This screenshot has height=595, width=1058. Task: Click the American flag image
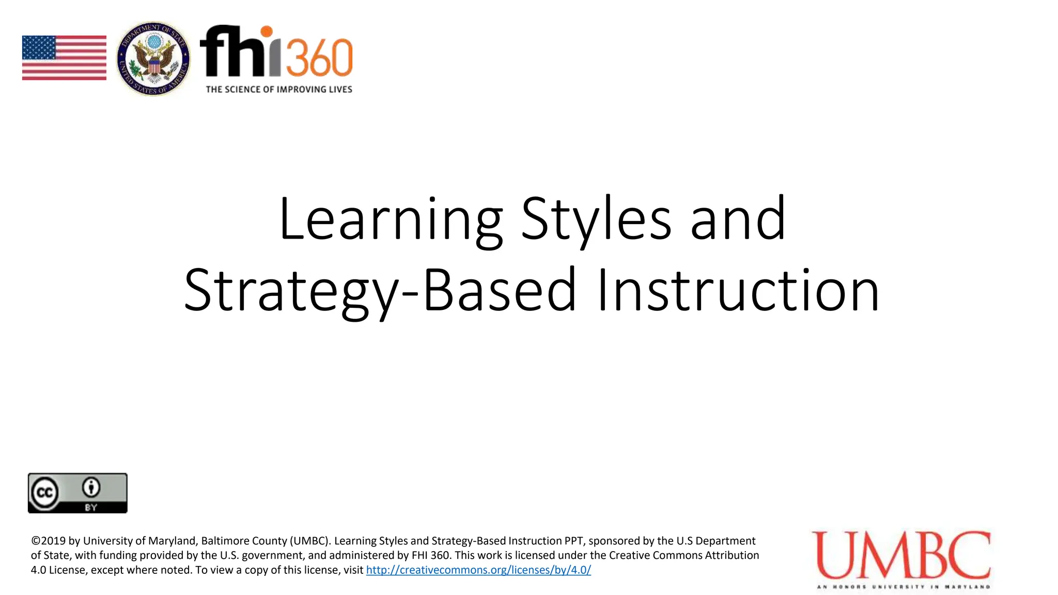pyautogui.click(x=64, y=58)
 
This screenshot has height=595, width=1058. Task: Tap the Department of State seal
pyautogui.click(x=153, y=59)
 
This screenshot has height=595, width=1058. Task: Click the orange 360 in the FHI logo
pyautogui.click(x=319, y=58)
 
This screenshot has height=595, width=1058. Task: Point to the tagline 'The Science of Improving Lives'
pyautogui.click(x=279, y=89)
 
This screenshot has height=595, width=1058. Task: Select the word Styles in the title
pyautogui.click(x=597, y=219)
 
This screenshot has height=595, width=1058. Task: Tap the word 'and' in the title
pyautogui.click(x=738, y=219)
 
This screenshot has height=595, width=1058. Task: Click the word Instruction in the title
pyautogui.click(x=738, y=290)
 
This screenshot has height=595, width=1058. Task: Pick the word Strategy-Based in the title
pyautogui.click(x=380, y=290)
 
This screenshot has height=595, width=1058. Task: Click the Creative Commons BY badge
pyautogui.click(x=77, y=493)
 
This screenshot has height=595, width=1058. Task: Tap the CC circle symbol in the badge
pyautogui.click(x=45, y=492)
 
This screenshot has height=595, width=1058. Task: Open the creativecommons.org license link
pyautogui.click(x=478, y=570)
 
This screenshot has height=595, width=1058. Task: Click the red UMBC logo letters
pyautogui.click(x=901, y=555)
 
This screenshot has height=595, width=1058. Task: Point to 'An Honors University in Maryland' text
pyautogui.click(x=904, y=587)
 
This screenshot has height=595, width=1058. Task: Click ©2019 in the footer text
pyautogui.click(x=49, y=541)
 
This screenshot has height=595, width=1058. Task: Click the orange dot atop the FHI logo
pyautogui.click(x=267, y=32)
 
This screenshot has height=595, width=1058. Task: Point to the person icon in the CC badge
pyautogui.click(x=91, y=487)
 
